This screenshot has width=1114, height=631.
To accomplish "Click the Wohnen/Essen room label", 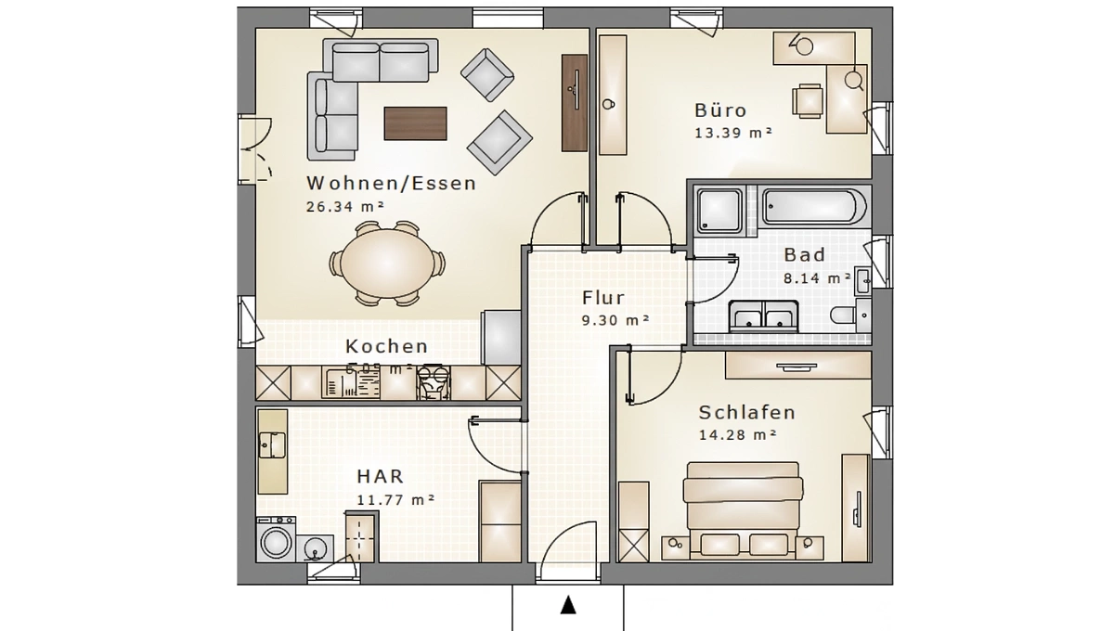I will pyautogui.click(x=391, y=183).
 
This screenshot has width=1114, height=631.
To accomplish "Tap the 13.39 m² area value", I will pyautogui.click(x=733, y=133).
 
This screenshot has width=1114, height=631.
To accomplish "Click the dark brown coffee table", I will pyautogui.click(x=416, y=122).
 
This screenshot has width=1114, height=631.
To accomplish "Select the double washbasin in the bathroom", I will pyautogui.click(x=764, y=315).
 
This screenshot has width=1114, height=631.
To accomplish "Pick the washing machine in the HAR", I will pyautogui.click(x=277, y=540).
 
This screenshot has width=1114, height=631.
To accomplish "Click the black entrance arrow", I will pyautogui.click(x=568, y=606).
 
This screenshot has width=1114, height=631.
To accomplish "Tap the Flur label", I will pyautogui.click(x=603, y=298).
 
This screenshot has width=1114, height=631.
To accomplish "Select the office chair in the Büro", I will pyautogui.click(x=807, y=100).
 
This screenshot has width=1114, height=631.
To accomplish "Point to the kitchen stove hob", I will pyautogui.click(x=432, y=381).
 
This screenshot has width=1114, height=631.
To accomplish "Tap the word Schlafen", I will pyautogui.click(x=746, y=413).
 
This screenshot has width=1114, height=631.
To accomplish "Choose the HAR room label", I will pyautogui.click(x=380, y=477).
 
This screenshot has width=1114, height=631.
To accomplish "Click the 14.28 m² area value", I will pyautogui.click(x=737, y=434).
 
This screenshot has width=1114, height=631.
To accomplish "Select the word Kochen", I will pyautogui.click(x=386, y=346).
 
